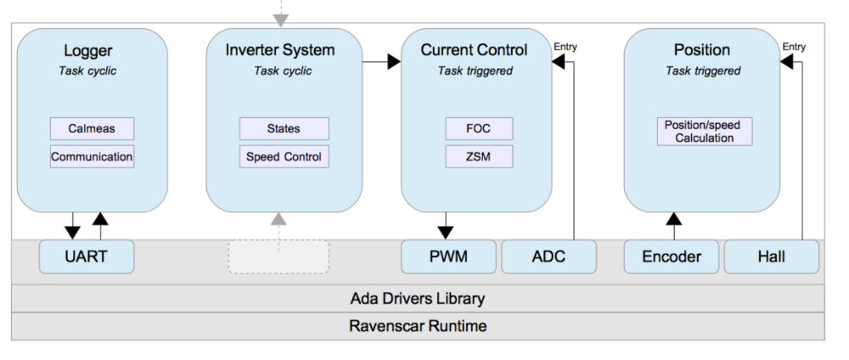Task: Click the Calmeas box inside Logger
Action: [x=92, y=129]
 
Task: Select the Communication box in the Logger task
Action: [x=92, y=156]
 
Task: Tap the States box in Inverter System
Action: [x=284, y=129]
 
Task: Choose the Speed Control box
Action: [x=284, y=156]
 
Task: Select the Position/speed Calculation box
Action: [x=704, y=132]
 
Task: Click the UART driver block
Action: [x=87, y=256]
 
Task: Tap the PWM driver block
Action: [x=448, y=256]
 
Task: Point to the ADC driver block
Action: [x=548, y=256]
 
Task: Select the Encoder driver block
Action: [x=671, y=256]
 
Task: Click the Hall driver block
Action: [x=771, y=256]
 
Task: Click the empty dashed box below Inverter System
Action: [x=278, y=256]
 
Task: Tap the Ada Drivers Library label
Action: [x=417, y=298]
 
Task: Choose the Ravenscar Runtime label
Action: [x=417, y=326]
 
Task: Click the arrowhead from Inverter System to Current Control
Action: [x=394, y=61]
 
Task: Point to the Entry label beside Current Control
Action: [x=565, y=47]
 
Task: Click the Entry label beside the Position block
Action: [x=795, y=47]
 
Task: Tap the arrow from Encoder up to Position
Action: [x=674, y=226]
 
